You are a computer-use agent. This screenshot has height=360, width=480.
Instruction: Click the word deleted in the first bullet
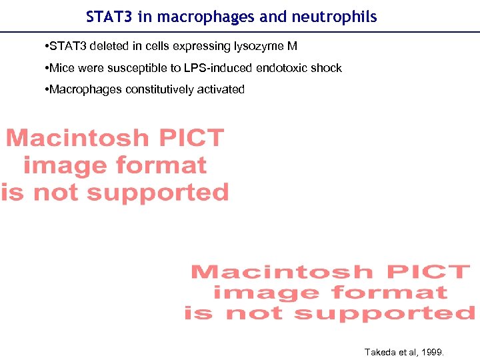click(x=101, y=47)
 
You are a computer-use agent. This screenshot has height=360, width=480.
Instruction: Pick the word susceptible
click(x=133, y=68)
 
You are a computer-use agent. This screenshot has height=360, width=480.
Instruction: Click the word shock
click(x=326, y=68)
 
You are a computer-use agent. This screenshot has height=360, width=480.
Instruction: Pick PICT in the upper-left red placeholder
click(x=189, y=138)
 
